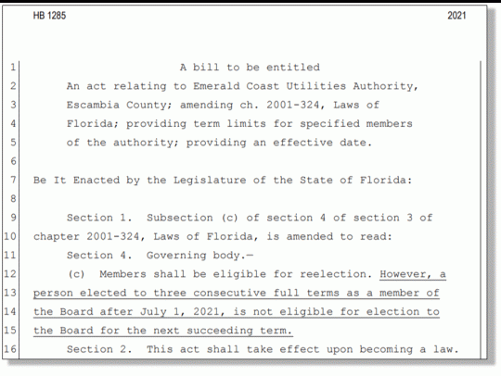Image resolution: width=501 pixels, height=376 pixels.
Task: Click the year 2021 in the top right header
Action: point(456,17)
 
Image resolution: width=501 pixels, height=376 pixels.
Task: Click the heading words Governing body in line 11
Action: point(186,256)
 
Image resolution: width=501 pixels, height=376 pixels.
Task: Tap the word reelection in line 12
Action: point(335,274)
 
